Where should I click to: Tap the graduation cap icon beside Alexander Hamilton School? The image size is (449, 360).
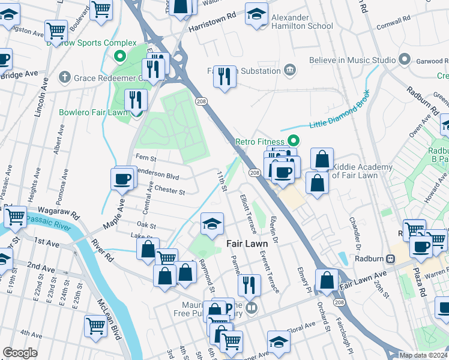click(257, 14)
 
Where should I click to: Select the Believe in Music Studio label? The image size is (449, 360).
click(352, 60)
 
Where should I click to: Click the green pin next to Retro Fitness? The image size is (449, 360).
click(294, 141)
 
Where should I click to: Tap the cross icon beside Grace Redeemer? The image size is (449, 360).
click(65, 77)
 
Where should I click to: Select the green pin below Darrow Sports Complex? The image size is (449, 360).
click(119, 58)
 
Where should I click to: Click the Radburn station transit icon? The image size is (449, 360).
click(390, 259)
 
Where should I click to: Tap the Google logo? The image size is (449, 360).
click(20, 353)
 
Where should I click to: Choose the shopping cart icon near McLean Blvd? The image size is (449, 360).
click(96, 326)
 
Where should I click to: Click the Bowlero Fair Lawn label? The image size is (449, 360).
click(93, 112)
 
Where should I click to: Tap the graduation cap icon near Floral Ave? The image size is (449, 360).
click(278, 341)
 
